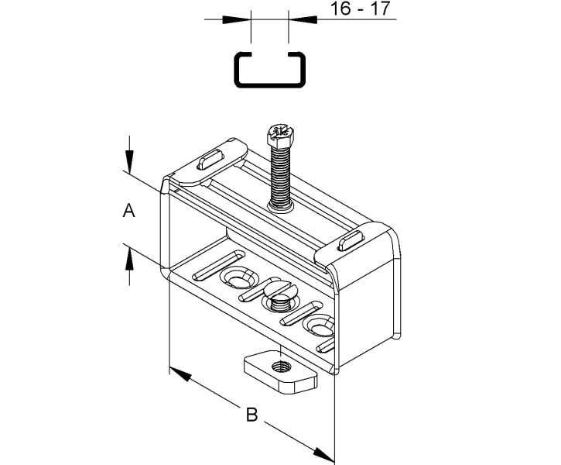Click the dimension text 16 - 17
click(360, 9)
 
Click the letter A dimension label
click(128, 210)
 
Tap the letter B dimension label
click(252, 415)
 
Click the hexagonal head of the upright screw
click(280, 133)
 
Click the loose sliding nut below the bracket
click(281, 372)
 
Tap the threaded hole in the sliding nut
click(282, 367)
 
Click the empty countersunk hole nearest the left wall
click(239, 277)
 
